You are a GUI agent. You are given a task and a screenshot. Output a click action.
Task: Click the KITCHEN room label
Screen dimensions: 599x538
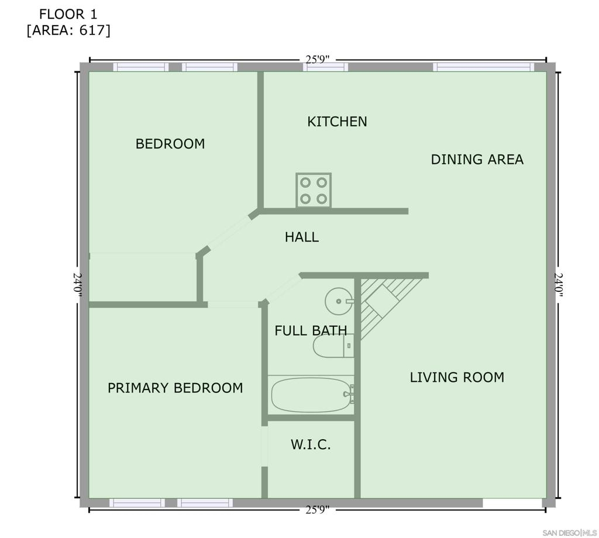pyautogui.click(x=337, y=122)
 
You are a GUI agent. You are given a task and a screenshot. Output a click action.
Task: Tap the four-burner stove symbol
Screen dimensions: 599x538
pyautogui.click(x=314, y=190)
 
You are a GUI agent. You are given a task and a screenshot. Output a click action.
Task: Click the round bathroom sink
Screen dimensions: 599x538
pyautogui.click(x=339, y=301)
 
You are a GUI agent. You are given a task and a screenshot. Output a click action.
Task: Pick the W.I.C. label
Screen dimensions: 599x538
pyautogui.click(x=311, y=444)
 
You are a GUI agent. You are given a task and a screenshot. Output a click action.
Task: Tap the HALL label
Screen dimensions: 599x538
pyautogui.click(x=302, y=237)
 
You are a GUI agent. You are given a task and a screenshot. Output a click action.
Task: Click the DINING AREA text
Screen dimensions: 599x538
pyautogui.click(x=477, y=159)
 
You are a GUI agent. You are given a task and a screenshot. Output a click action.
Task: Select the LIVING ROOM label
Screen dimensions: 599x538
pyautogui.click(x=457, y=377)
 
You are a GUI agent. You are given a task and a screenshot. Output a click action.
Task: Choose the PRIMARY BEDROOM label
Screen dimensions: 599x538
pyautogui.click(x=175, y=388)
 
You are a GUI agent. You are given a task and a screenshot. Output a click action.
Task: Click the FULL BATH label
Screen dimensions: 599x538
pyautogui.click(x=311, y=330)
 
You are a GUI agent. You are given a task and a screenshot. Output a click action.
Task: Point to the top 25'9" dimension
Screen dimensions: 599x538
pyautogui.click(x=318, y=60)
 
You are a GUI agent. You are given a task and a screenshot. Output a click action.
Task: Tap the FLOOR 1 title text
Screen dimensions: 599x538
pyautogui.click(x=68, y=15)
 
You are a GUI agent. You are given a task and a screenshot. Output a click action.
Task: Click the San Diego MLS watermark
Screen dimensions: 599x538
pyautogui.click(x=570, y=533)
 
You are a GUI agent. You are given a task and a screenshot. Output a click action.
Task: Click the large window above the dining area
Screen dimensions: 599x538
pyautogui.click(x=483, y=67)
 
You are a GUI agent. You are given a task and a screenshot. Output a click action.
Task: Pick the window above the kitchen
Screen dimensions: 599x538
pyautogui.click(x=325, y=67)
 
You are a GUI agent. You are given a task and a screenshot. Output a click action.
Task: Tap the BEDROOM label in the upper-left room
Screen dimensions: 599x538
pyautogui.click(x=170, y=144)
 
